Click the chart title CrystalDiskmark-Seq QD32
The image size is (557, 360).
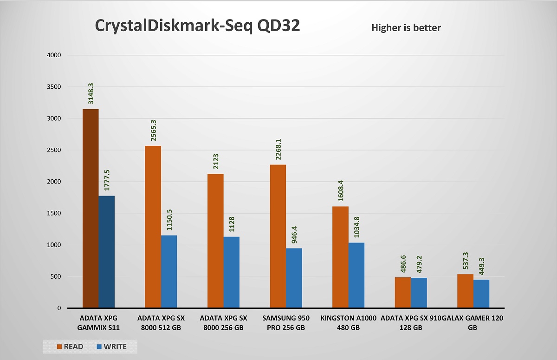point(197,26)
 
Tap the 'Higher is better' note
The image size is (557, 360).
point(406,28)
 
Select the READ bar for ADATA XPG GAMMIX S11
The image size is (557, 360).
point(91,209)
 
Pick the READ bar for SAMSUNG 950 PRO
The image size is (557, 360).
point(278,236)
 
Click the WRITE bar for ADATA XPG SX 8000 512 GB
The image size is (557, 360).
point(169,272)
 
